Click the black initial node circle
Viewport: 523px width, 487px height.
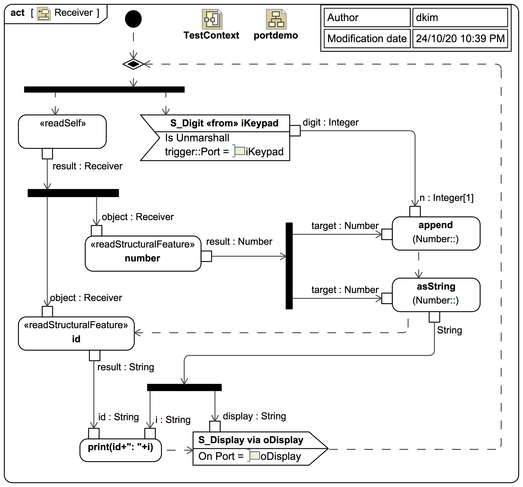[x=133, y=19]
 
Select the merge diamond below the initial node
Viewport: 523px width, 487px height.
[x=133, y=64]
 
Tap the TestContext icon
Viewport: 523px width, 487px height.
[x=212, y=19]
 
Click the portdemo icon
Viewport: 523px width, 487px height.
[x=276, y=19]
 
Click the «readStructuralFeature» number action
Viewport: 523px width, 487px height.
[x=143, y=253]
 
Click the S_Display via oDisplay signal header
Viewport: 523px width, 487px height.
[x=251, y=440]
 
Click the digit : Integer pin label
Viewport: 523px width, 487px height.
[x=330, y=122]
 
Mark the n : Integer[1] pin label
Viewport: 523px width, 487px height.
[x=447, y=198]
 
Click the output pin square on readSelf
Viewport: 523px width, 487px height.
[x=47, y=154]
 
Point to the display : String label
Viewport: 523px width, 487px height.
[x=254, y=416]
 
